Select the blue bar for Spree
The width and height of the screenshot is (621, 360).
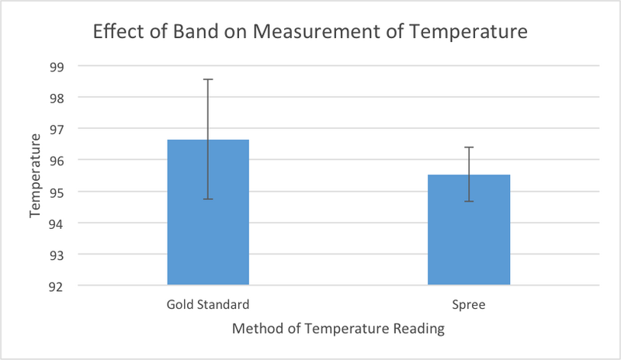(x=469, y=233)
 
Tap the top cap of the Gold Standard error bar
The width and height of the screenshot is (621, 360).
(x=208, y=79)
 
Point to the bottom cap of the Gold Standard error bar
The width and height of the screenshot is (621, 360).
(x=208, y=199)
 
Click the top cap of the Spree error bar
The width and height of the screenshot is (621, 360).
(x=469, y=147)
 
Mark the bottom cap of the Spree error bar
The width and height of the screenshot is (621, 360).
(x=469, y=202)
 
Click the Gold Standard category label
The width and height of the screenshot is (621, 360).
(x=208, y=304)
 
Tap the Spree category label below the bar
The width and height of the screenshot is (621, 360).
(x=469, y=304)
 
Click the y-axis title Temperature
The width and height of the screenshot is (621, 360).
(x=36, y=176)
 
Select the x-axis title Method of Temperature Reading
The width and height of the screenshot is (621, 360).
(x=338, y=329)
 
